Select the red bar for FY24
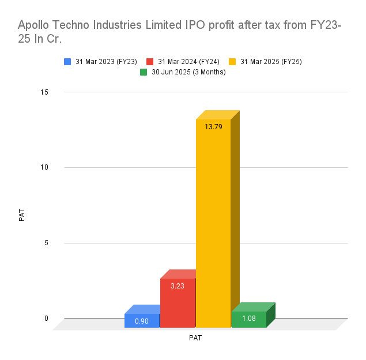178,303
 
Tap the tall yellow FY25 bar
213,225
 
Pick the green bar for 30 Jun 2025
248,320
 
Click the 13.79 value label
213,127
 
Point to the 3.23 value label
178,286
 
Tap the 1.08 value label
248,318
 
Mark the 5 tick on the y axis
47,243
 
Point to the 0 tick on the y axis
47,318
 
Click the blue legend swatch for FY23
68,62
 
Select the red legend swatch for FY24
150,62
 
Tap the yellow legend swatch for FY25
233,62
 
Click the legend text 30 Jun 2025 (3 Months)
188,72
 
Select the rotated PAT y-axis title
22,215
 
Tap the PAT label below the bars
195,338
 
